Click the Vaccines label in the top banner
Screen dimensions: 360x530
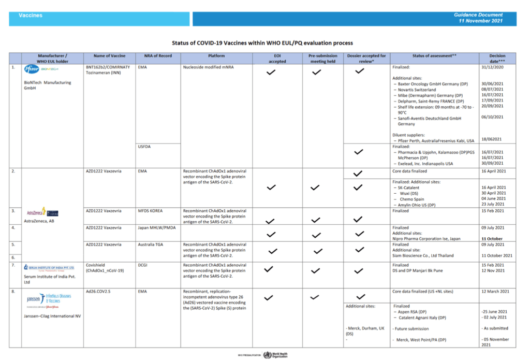31,16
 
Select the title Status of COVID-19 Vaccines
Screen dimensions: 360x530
262,43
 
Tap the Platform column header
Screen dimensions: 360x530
216,55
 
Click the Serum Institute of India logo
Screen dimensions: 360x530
50,268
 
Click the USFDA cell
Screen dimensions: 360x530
145,146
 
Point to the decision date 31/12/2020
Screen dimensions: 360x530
493,68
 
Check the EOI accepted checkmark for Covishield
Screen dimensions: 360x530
269,269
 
